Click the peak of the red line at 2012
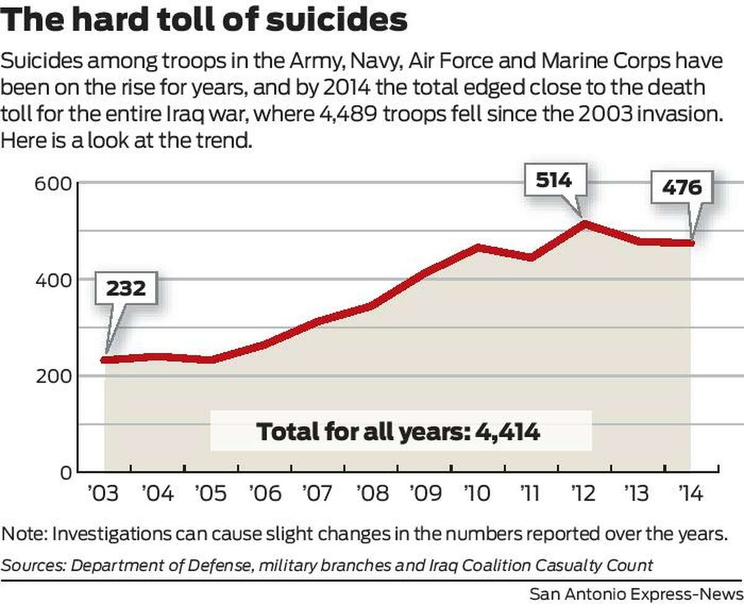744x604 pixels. [x=583, y=223]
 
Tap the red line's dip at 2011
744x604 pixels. [x=531, y=257]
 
